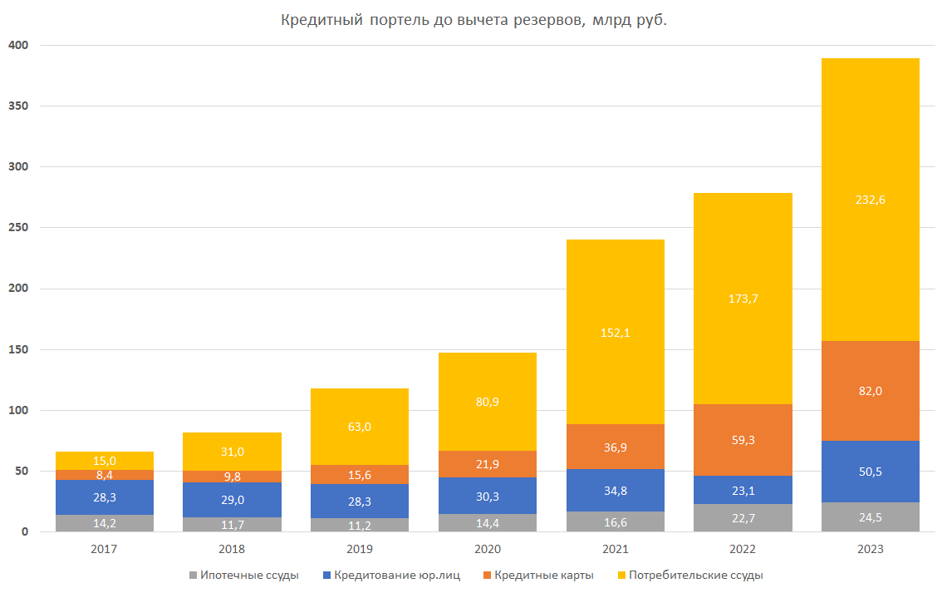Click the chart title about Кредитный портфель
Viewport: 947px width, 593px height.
point(473,20)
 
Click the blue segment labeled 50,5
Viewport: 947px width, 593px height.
point(870,472)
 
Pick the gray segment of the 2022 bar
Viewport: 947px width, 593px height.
point(742,517)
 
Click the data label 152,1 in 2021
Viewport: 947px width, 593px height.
point(615,333)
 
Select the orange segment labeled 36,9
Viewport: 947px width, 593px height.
point(615,447)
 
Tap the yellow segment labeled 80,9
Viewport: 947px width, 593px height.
point(487,402)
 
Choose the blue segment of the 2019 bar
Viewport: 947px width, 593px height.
point(359,501)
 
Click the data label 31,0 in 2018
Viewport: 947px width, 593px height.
point(232,451)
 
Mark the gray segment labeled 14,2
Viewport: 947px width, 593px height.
point(104,523)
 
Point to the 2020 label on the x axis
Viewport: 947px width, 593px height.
point(487,550)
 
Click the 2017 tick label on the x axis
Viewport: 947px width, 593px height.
point(104,550)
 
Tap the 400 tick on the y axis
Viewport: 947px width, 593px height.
point(18,45)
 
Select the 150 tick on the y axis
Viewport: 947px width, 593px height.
point(18,349)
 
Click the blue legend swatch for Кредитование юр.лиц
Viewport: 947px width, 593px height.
point(327,575)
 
